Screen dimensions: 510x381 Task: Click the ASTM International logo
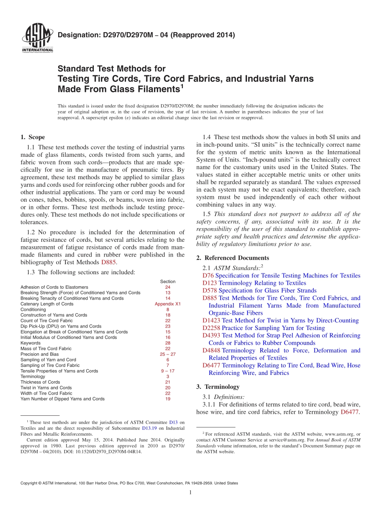[x=37, y=38]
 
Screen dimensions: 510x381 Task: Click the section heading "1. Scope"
[x=32, y=137]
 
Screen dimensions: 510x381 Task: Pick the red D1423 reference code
[x=211, y=320]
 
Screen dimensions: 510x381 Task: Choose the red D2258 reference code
[x=211, y=328]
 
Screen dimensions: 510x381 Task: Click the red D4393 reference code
[x=211, y=335]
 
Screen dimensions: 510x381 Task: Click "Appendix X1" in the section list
[x=168, y=304]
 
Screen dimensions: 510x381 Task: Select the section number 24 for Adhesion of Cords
[x=168, y=287]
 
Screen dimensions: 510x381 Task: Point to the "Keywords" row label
[x=30, y=343]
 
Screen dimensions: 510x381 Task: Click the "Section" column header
[x=168, y=281]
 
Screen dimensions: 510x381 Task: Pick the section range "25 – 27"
[x=168, y=354]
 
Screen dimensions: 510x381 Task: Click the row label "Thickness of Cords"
[x=40, y=382]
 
